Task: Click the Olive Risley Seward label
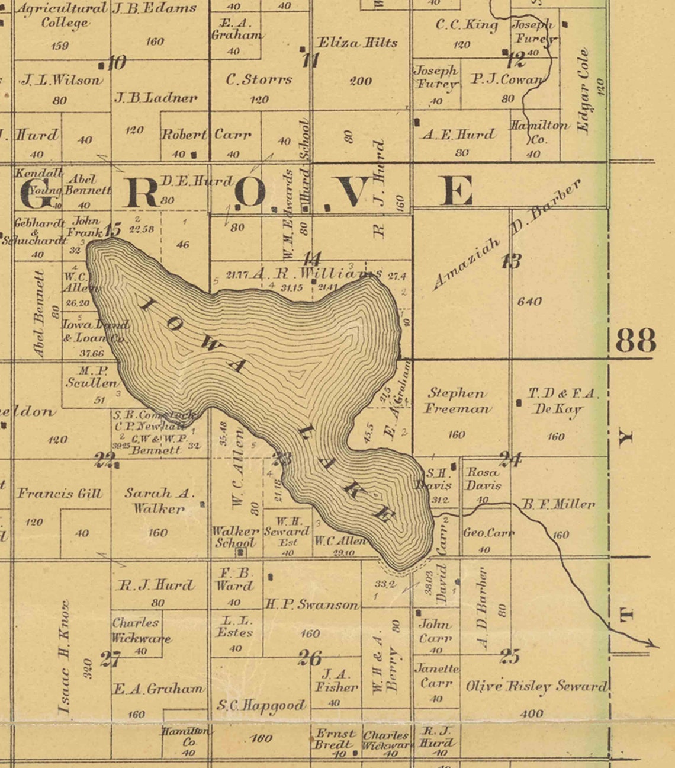click(x=536, y=686)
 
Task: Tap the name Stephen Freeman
click(x=457, y=401)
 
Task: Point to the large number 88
click(x=635, y=341)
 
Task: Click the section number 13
click(x=511, y=261)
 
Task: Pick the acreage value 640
click(x=529, y=301)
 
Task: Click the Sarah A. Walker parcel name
click(x=159, y=500)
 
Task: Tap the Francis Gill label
click(x=59, y=493)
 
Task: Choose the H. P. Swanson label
click(x=311, y=605)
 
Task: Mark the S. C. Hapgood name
click(x=261, y=705)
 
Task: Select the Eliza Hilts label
click(x=357, y=43)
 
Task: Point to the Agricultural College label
click(x=62, y=16)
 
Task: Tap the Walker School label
click(x=235, y=537)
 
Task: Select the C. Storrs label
click(x=259, y=79)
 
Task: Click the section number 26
click(x=310, y=658)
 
